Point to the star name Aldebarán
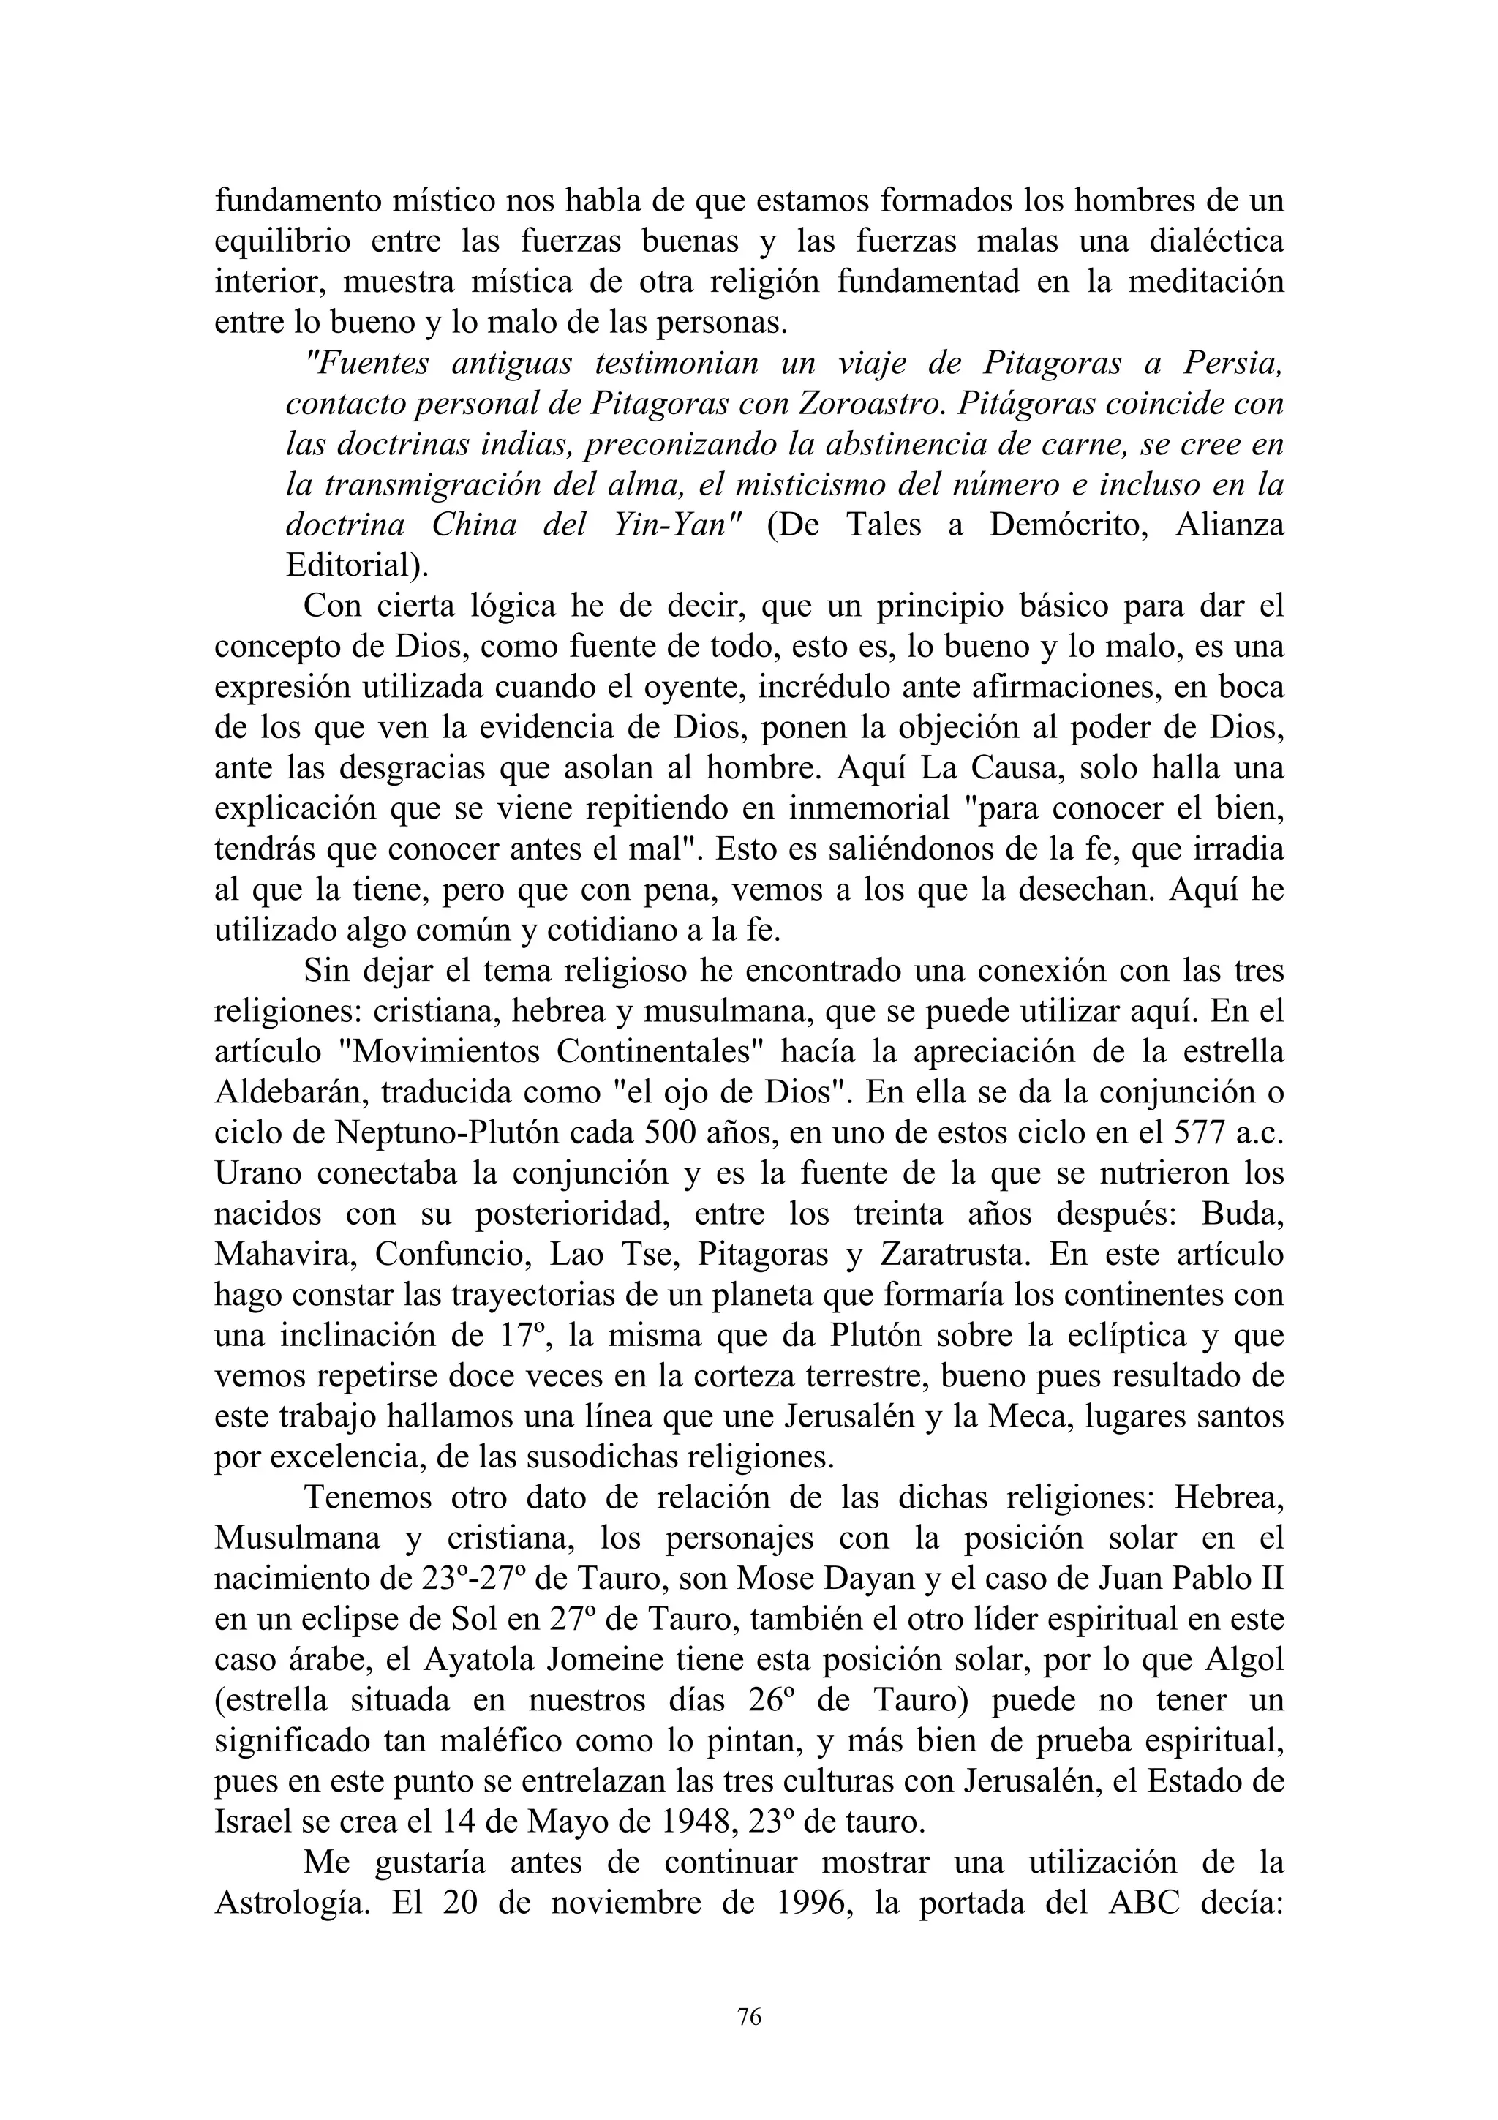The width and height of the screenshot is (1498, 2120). (x=289, y=1092)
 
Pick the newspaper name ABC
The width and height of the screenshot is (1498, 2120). (x=1143, y=1902)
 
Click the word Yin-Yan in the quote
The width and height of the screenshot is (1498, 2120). (x=683, y=525)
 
